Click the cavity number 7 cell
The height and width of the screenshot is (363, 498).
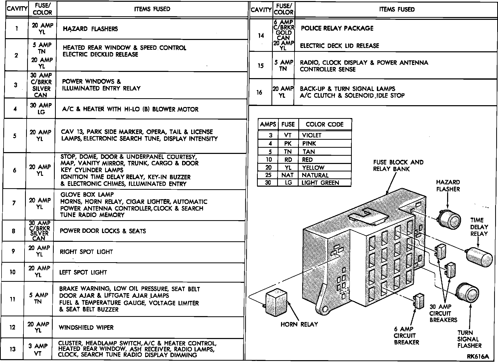[x=14, y=203]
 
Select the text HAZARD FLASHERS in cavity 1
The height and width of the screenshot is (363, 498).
[x=90, y=29]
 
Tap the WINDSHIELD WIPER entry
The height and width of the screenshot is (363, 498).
[x=86, y=327]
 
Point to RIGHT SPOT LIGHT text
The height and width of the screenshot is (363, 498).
[x=86, y=252]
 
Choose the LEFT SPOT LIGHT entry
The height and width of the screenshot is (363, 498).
[x=83, y=272]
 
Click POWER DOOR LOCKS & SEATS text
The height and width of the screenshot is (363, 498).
[x=103, y=231]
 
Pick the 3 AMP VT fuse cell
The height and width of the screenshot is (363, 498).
[x=38, y=349]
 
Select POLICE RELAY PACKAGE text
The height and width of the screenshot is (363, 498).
[x=337, y=28]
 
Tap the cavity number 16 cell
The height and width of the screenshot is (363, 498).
[x=259, y=92]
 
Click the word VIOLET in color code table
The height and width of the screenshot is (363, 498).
[x=312, y=135]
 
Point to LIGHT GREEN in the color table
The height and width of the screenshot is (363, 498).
[x=320, y=183]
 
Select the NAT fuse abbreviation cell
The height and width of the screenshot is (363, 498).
[x=287, y=175]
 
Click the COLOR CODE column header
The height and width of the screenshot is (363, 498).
[x=324, y=125]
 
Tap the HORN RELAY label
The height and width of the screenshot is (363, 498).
[x=299, y=324]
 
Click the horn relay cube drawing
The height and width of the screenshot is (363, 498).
[x=276, y=302]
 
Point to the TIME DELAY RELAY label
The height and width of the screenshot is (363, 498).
[x=479, y=227]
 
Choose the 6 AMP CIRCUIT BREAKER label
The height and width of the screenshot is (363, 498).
[x=406, y=336]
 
